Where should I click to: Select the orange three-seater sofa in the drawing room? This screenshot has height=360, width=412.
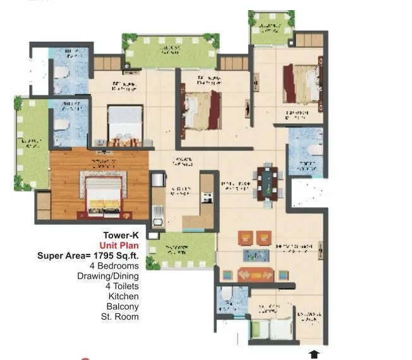(256, 275)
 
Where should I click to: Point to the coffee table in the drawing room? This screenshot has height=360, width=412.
(257, 255)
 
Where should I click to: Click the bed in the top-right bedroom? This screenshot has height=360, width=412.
(302, 83)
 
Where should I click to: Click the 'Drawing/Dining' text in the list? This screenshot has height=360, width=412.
(108, 276)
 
